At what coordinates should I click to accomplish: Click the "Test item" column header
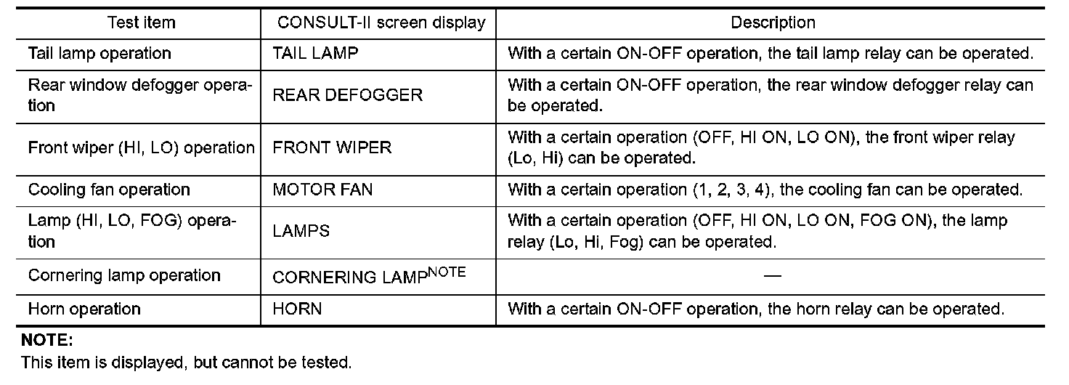[142, 23]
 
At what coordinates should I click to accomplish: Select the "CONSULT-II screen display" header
[381, 23]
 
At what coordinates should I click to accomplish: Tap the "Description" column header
[773, 23]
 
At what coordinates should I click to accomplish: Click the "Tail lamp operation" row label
[99, 54]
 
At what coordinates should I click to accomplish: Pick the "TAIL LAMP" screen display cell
[315, 54]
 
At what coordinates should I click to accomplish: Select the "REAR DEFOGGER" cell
[347, 96]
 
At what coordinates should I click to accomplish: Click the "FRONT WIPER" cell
[332, 147]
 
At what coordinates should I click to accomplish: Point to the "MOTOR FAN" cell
[322, 190]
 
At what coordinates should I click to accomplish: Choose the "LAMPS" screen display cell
[301, 232]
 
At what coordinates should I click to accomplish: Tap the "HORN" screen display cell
[297, 309]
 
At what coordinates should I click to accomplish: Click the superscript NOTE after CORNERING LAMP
[444, 272]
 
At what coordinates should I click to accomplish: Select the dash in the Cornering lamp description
[773, 276]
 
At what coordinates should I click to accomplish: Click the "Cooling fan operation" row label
[109, 190]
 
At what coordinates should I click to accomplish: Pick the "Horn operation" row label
[84, 309]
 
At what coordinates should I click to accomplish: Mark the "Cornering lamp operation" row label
[124, 276]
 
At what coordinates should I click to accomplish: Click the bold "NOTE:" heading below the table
[47, 340]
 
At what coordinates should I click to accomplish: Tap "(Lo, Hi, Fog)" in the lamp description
[596, 242]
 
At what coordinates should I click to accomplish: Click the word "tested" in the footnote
[328, 362]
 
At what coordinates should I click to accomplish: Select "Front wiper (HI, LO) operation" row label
[142, 147]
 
